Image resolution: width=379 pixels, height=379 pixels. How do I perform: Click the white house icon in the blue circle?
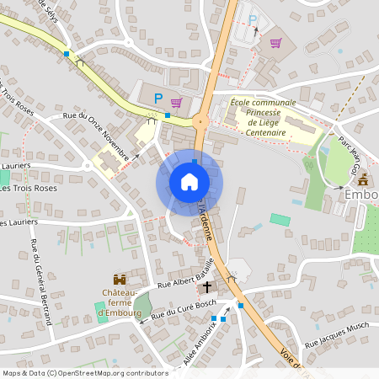click(189, 181)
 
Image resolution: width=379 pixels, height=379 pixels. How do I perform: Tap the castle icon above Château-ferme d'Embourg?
click(120, 279)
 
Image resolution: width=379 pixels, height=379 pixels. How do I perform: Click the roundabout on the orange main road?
click(200, 120)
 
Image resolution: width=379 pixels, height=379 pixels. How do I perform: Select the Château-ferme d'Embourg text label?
click(118, 303)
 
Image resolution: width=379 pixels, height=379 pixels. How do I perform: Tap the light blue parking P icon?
click(252, 19)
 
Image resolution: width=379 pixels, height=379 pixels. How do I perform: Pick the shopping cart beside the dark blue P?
click(176, 103)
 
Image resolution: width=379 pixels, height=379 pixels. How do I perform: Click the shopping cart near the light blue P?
click(275, 42)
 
